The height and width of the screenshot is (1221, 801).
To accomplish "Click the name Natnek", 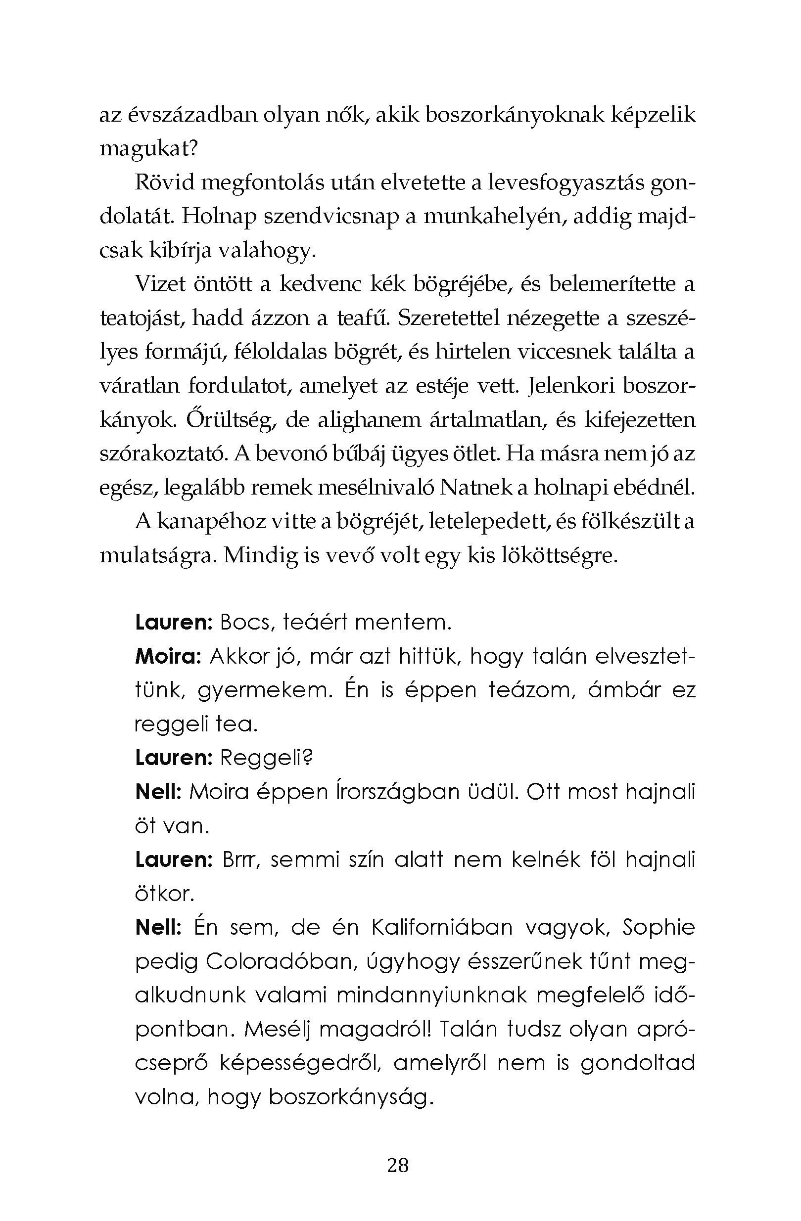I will click(x=474, y=488).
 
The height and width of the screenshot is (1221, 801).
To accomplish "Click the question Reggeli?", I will click(x=266, y=758).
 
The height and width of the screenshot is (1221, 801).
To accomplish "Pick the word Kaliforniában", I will click(x=441, y=927).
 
